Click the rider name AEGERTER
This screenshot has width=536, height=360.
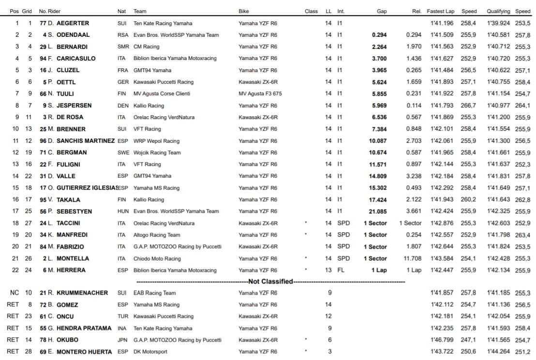point(73,23)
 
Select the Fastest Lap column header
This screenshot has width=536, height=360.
point(440,11)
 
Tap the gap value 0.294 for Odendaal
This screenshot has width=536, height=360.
point(379,35)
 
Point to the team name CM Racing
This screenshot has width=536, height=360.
point(146,46)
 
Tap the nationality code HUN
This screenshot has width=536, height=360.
point(123,211)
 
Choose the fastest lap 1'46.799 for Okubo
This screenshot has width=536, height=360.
point(442,340)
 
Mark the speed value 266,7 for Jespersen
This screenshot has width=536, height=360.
point(469,105)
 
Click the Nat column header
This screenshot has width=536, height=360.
point(121,11)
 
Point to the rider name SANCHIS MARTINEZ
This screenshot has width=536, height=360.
point(86,141)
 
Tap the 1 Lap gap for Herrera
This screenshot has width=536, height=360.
point(379,270)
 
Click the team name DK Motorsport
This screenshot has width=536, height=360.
point(150,351)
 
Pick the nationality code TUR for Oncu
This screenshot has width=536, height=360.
point(123,316)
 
